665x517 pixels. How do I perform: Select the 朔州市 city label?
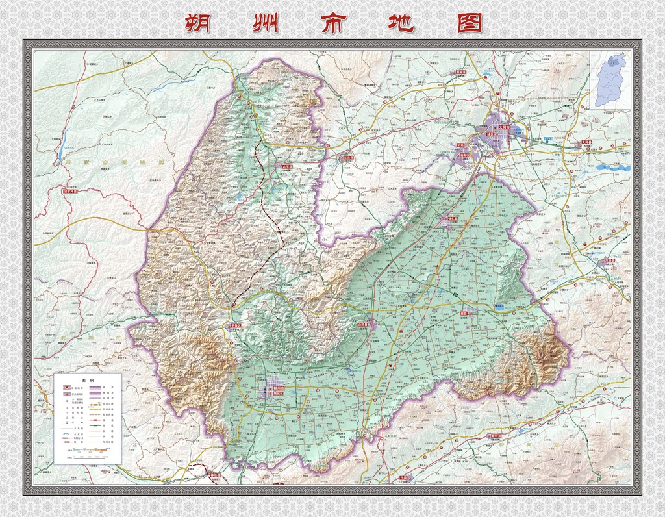(x=279, y=388)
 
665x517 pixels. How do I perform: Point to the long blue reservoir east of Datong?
(x=613, y=168)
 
